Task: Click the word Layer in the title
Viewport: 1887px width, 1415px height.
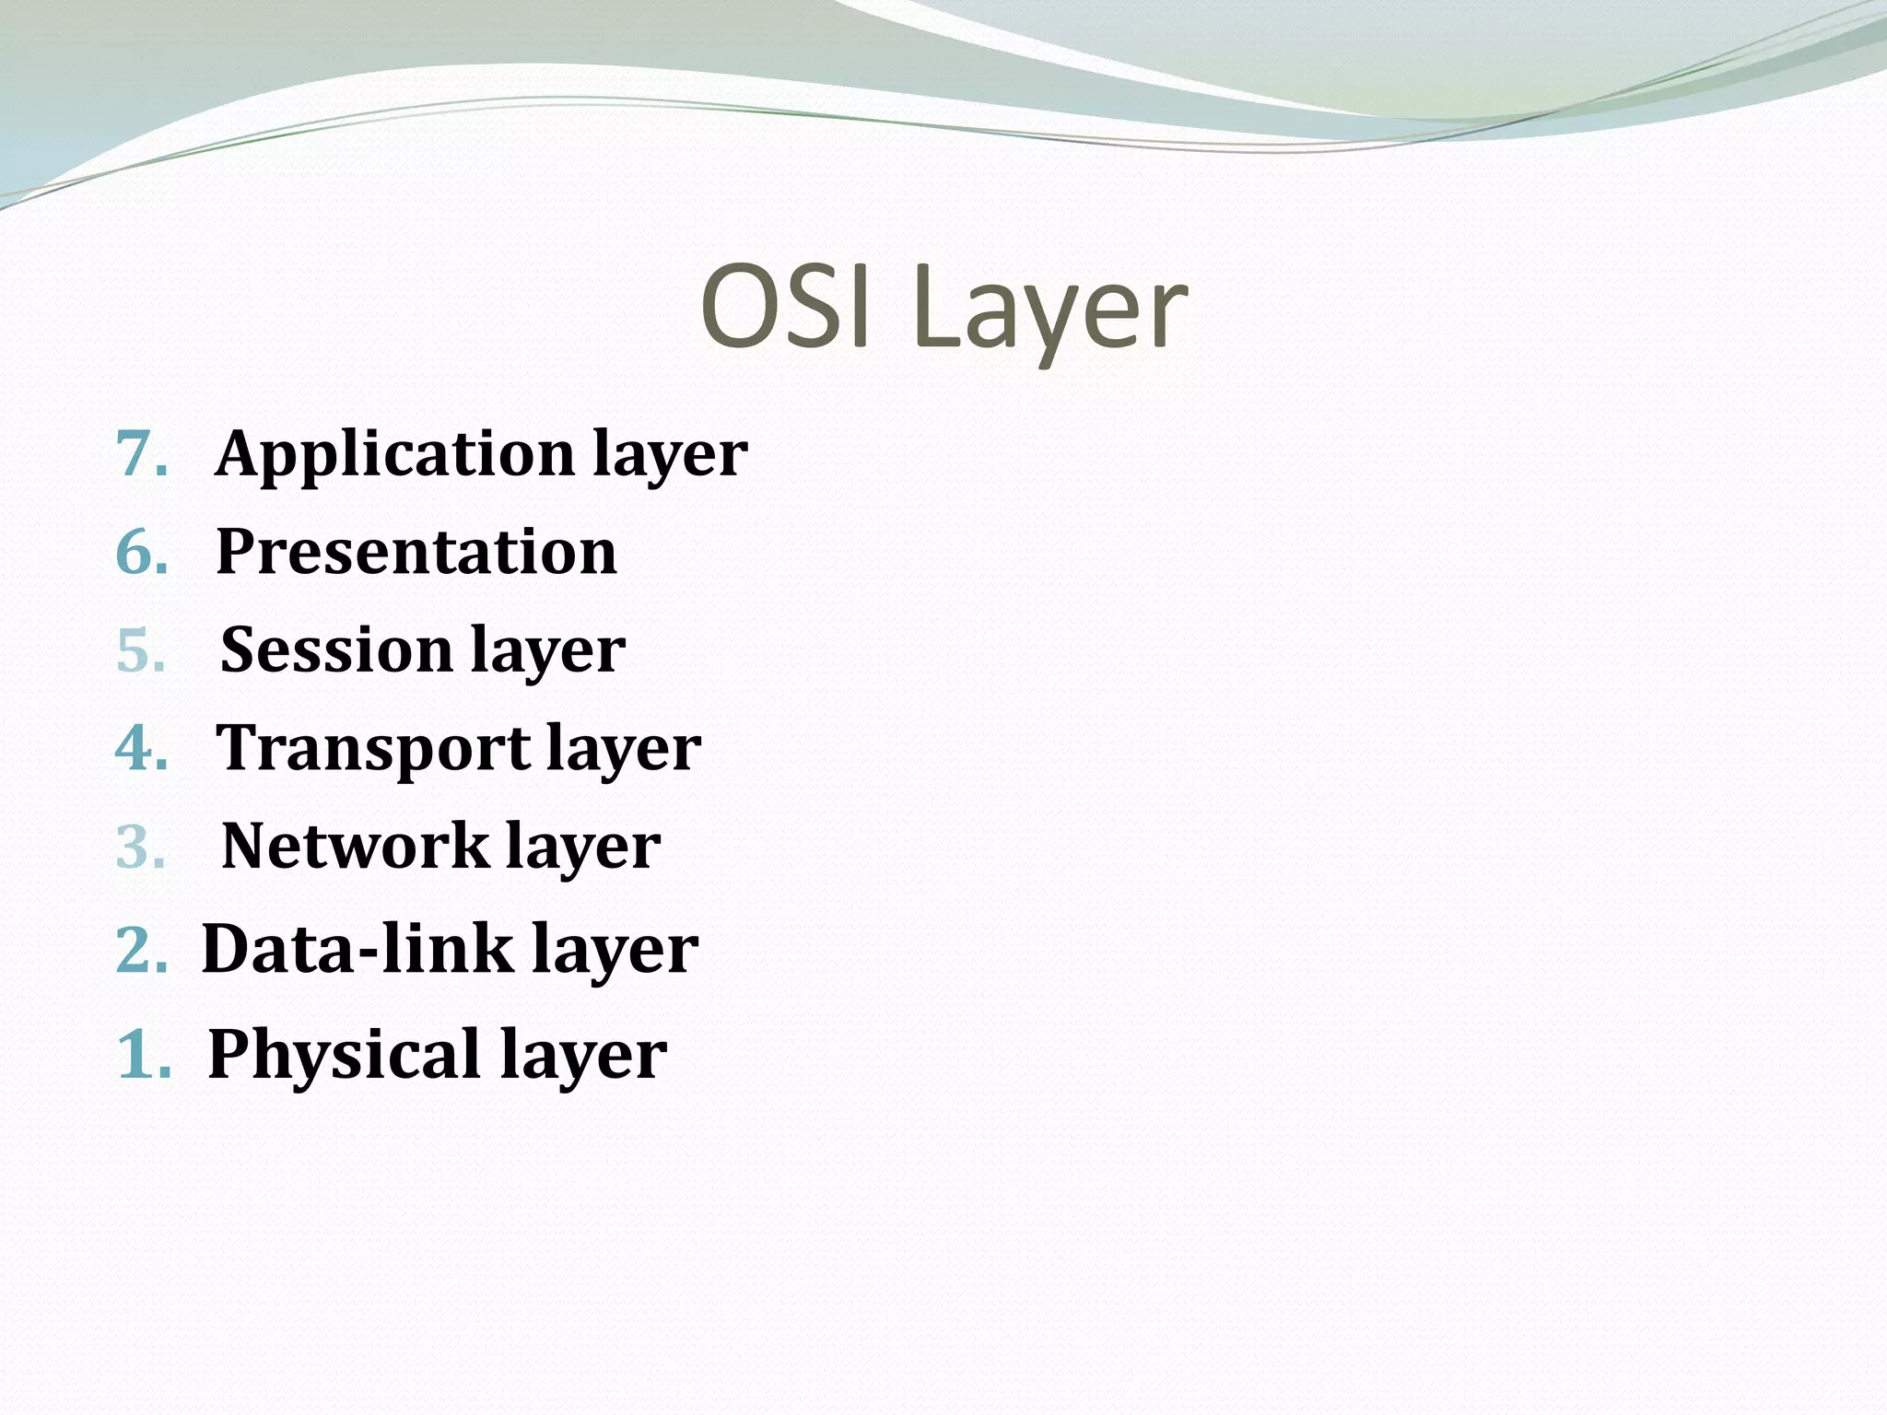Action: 1049,309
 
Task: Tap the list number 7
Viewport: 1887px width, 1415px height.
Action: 141,453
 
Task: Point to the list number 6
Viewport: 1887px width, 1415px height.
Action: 141,552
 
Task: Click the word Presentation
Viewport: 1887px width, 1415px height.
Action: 416,552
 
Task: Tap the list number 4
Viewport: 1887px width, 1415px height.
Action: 141,747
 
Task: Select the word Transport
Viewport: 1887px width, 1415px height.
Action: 373,747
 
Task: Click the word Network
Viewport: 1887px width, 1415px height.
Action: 356,846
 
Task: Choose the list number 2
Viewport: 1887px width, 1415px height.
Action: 141,949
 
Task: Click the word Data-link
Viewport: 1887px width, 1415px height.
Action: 357,949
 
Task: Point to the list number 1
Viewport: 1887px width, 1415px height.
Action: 144,1054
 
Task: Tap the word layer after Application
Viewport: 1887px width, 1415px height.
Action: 670,455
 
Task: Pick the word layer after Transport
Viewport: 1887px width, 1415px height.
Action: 624,749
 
